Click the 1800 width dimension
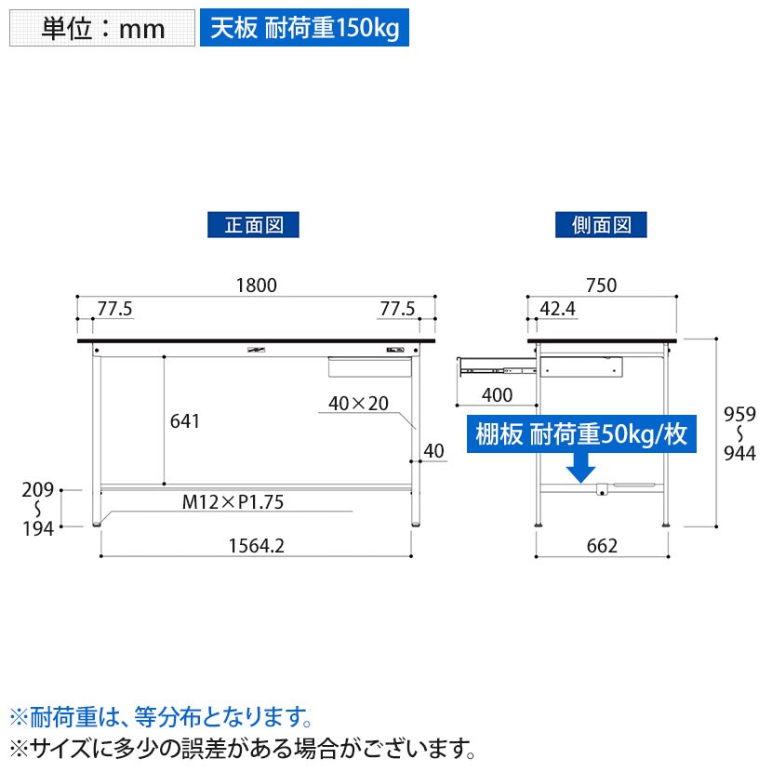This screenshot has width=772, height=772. (x=256, y=286)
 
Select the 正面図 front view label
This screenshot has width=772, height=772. (x=253, y=224)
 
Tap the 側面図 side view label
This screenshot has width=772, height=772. (x=601, y=224)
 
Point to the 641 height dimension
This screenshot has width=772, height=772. (x=186, y=421)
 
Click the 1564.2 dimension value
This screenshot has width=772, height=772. (x=256, y=546)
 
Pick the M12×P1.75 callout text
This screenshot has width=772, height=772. (x=233, y=503)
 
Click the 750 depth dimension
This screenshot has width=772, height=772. (x=603, y=286)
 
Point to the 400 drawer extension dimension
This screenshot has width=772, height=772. (x=498, y=395)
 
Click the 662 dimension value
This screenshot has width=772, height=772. (x=602, y=546)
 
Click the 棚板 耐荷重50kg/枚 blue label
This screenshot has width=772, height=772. (x=581, y=435)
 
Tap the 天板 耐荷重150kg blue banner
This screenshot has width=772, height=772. (x=304, y=29)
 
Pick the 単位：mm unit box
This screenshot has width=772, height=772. (x=102, y=29)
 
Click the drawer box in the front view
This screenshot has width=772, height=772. (x=368, y=366)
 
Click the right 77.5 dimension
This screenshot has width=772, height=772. (x=397, y=308)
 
